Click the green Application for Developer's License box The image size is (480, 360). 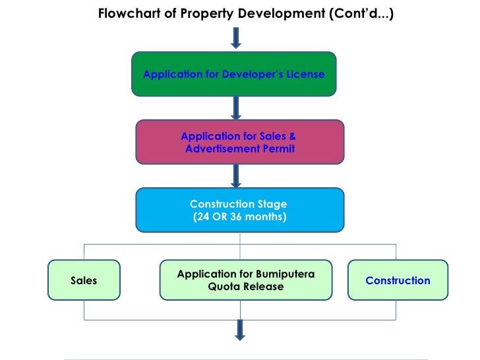click(x=234, y=74)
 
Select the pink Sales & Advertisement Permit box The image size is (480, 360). click(x=240, y=142)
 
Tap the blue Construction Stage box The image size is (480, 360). click(x=240, y=210)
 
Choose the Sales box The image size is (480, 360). click(x=84, y=281)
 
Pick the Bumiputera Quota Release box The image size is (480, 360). click(x=246, y=281)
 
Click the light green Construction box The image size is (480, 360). click(x=398, y=281)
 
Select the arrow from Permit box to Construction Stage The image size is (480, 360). click(x=236, y=175)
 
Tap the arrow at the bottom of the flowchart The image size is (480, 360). click(x=239, y=329)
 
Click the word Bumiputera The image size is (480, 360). click(x=285, y=274)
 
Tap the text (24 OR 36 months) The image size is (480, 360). click(x=240, y=217)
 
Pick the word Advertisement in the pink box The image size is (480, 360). click(x=222, y=149)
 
